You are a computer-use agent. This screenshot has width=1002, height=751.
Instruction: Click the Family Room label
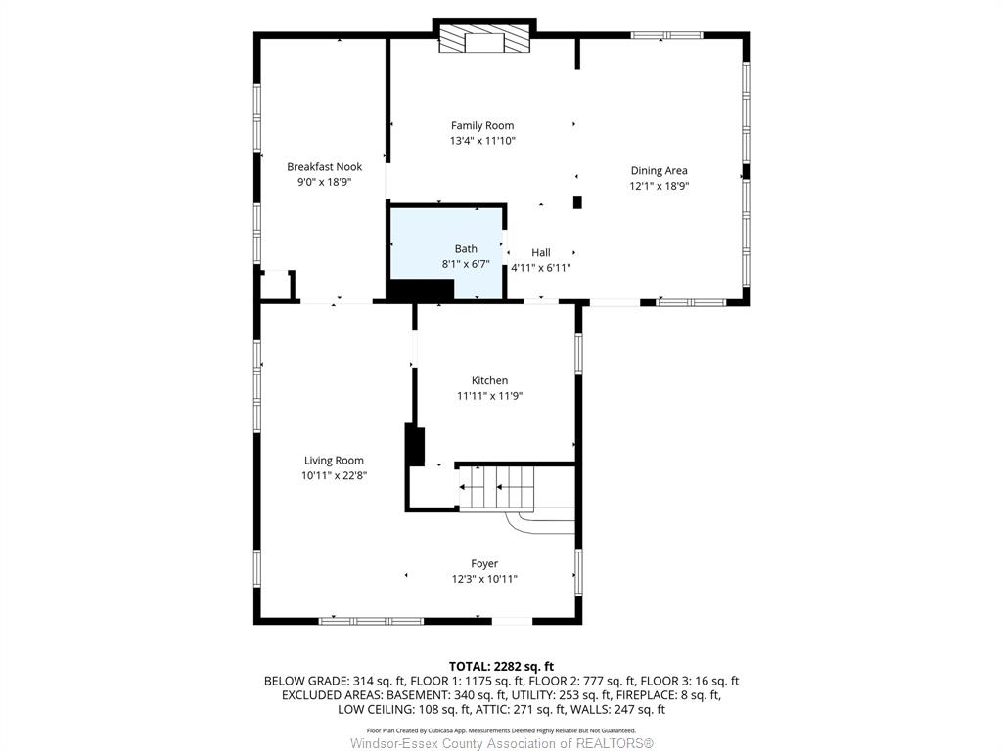coord(482,126)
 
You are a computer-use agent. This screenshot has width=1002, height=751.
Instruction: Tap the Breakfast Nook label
coord(324,166)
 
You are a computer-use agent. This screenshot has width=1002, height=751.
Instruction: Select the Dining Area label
coord(659,170)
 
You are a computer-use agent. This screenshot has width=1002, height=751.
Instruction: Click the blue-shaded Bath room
coord(447,251)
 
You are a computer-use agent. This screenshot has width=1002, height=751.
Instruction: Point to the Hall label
coord(540,252)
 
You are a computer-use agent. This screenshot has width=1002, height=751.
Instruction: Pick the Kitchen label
coord(489,380)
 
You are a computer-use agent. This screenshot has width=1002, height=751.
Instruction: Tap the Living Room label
coord(334,461)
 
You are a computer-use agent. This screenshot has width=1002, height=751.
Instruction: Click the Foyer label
coord(484,564)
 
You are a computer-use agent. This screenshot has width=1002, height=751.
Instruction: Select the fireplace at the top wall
coord(484,39)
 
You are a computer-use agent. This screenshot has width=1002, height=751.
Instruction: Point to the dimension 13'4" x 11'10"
coord(482,141)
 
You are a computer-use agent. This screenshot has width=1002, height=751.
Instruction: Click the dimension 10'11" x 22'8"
coord(335,476)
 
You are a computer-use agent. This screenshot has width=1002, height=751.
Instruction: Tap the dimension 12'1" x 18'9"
coord(659,186)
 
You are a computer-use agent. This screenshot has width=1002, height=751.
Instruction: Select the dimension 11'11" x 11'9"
coord(489,396)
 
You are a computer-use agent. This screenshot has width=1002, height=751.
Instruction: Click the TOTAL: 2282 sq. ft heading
coord(501,667)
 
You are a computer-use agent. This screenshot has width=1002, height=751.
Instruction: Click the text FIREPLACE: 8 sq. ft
coord(669,695)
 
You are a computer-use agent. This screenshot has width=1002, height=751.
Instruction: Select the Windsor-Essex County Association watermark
coord(502,743)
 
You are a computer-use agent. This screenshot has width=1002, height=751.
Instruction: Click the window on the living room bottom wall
coord(371,621)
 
